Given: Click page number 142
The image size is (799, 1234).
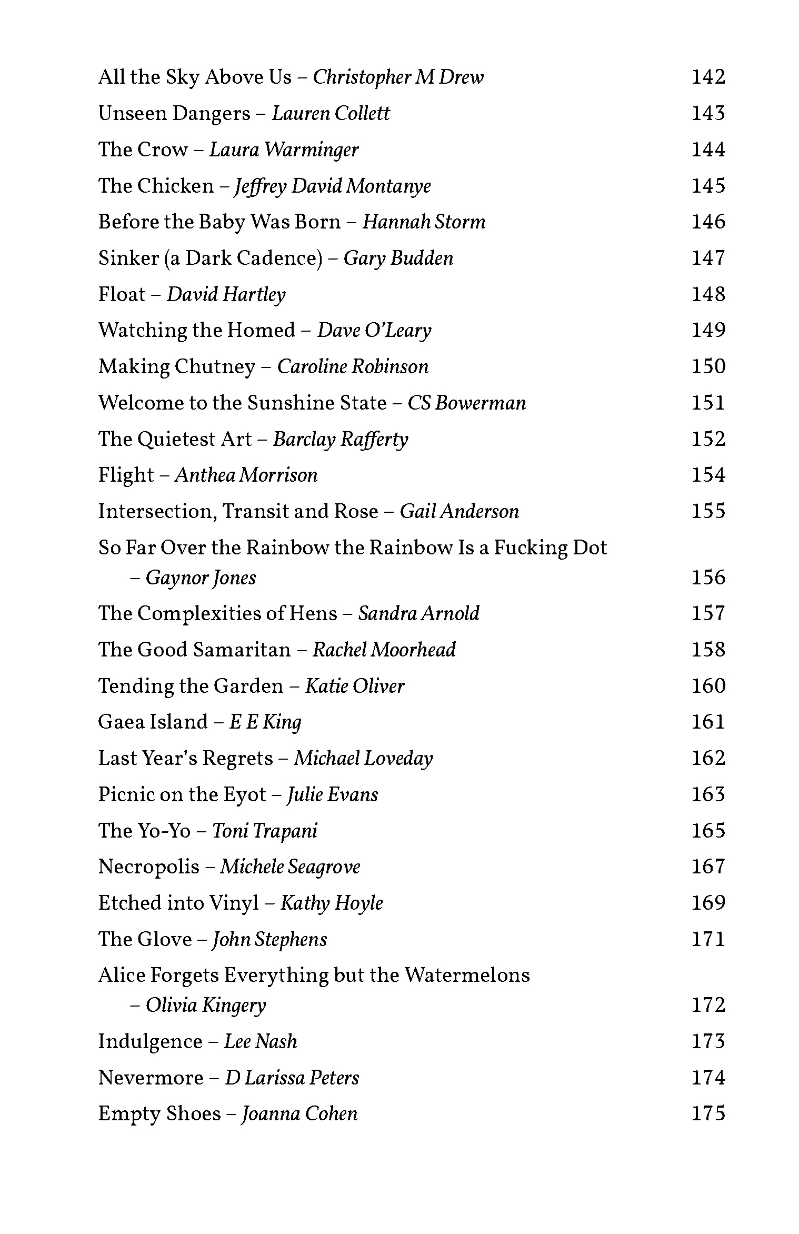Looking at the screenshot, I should (708, 77).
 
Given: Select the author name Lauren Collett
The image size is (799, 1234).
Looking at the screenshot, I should (331, 114).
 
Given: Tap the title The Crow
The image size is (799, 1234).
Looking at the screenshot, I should (143, 150).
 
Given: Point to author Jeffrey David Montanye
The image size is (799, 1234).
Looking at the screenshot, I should (332, 186).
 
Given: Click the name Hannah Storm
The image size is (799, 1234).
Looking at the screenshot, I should (424, 222).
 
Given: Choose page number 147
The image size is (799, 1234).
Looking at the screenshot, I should (708, 258).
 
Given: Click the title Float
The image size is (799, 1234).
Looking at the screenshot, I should (122, 295).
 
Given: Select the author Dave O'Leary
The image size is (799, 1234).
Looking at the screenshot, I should (374, 331).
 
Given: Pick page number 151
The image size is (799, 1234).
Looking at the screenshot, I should (708, 403).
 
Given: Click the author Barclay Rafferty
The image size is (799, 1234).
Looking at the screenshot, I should (341, 440).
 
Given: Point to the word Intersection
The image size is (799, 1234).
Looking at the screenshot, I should (157, 512).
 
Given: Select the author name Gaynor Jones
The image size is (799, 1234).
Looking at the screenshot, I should (201, 578).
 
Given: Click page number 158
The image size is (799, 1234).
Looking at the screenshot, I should (708, 650).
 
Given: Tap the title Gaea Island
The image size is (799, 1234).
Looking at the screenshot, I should (153, 722).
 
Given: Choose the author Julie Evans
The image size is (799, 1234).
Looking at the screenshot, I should (332, 795).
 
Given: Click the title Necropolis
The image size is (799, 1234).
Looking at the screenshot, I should (149, 867).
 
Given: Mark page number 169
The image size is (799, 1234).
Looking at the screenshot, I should (708, 903).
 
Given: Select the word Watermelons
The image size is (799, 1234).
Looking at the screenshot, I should (467, 976).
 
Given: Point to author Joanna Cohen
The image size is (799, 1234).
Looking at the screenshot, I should (299, 1114).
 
